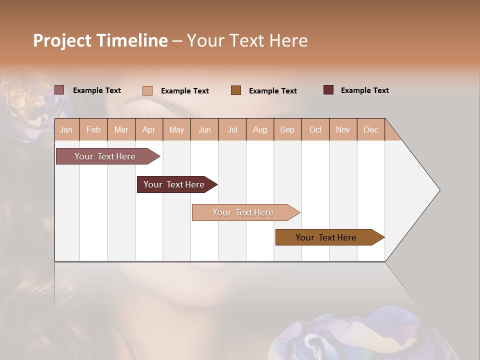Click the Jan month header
(66, 129)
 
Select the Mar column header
(121, 129)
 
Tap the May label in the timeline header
(176, 129)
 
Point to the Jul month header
(232, 129)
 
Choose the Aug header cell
(259, 129)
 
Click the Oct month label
(315, 129)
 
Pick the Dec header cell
(370, 129)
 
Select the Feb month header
(93, 129)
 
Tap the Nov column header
(342, 129)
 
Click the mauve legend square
(59, 90)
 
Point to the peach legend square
(147, 90)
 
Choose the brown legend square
(236, 90)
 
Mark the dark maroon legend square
(328, 90)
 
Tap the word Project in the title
(62, 40)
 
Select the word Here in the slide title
(288, 40)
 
